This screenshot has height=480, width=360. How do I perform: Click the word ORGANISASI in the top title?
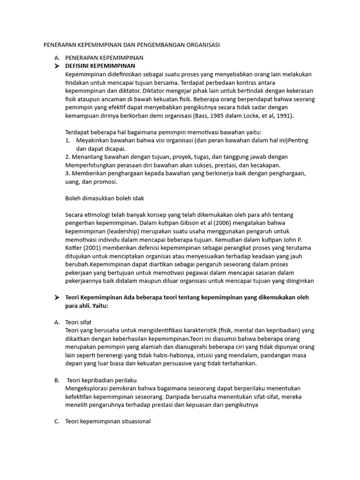(201, 45)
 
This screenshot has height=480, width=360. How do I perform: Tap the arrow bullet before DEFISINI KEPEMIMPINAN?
(57, 66)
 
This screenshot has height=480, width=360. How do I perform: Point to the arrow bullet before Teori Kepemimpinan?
(57, 298)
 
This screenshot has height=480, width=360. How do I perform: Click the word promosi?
(106, 182)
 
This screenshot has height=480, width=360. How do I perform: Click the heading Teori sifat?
(79, 322)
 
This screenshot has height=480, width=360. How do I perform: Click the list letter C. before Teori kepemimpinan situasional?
(57, 421)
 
